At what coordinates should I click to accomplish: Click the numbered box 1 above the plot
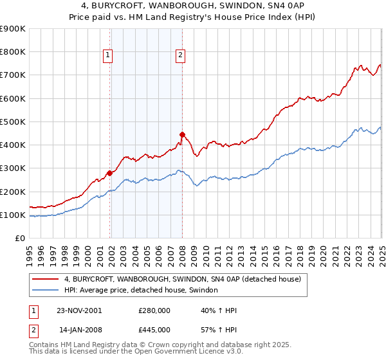coord(107,56)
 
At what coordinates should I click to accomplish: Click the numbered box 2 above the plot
coord(180,56)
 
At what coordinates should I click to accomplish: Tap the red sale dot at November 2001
coord(110,173)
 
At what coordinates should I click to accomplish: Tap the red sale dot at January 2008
coord(182,134)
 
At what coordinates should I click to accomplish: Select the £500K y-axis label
coord(14,122)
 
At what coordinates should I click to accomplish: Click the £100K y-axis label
coord(14,215)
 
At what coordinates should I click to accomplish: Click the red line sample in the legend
coord(46,279)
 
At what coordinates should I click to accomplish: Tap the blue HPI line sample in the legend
coord(46,291)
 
